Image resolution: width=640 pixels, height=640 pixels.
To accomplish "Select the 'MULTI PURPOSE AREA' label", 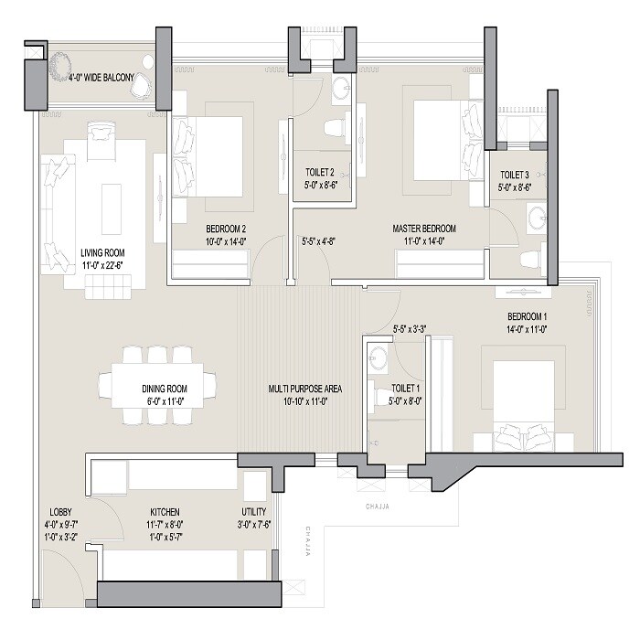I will (305, 389).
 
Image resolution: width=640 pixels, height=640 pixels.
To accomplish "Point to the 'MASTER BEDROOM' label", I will (424, 229).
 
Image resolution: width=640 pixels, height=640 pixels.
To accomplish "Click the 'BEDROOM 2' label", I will (225, 229).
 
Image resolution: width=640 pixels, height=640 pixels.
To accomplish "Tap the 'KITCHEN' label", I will (165, 512).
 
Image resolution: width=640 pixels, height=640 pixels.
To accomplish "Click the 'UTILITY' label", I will (254, 512).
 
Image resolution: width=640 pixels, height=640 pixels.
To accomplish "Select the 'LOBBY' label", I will (60, 512).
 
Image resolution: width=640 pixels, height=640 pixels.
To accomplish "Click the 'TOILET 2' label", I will (320, 171).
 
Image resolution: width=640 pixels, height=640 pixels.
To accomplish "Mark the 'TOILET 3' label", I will (515, 175).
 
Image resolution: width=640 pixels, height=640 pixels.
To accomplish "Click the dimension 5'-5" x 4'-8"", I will (320, 242).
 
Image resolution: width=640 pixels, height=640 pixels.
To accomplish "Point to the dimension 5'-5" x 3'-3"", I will (410, 328).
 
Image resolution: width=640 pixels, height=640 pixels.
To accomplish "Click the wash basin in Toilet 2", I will (339, 89).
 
